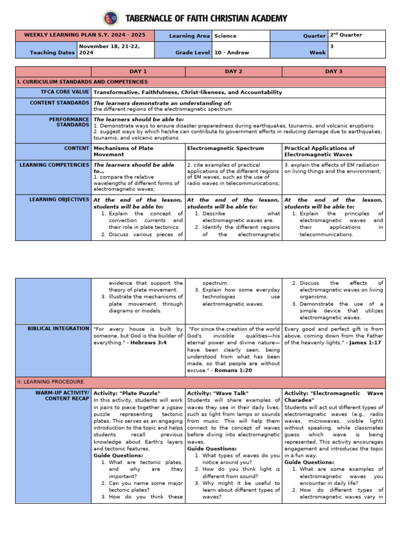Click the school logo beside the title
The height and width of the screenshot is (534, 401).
tap(110, 18)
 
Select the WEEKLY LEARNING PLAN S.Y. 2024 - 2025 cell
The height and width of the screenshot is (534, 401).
tap(85, 36)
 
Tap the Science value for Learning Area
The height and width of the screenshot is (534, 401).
tap(225, 36)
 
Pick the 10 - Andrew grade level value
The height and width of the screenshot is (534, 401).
tap(231, 52)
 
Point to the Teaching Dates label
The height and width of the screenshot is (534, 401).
tap(52, 52)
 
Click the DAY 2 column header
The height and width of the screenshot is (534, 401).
tap(233, 71)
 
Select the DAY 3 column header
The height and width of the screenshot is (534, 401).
tap(334, 71)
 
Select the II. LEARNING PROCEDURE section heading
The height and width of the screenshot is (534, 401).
tap(47, 382)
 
